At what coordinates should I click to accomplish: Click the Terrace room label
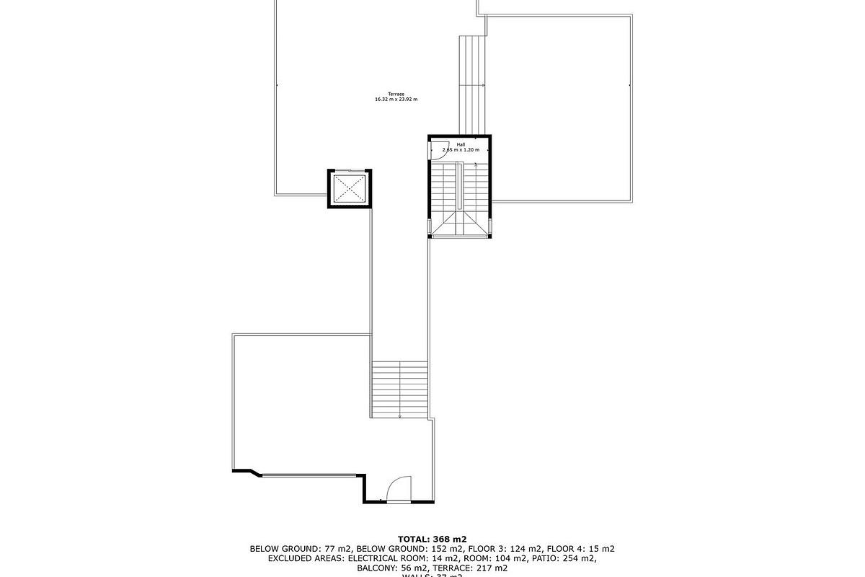(396, 94)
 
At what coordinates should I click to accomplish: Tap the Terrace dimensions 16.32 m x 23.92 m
(396, 100)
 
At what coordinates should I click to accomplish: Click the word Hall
(461, 144)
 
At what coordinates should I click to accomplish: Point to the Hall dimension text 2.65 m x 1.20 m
(461, 150)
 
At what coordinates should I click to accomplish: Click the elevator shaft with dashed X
(350, 189)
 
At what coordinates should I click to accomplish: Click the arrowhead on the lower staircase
(400, 415)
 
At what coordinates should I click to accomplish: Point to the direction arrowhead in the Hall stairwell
(476, 164)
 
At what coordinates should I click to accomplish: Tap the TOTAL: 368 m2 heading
(432, 539)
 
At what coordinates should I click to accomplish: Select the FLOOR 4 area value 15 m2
(600, 549)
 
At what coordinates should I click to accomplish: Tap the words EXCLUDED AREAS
(306, 558)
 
